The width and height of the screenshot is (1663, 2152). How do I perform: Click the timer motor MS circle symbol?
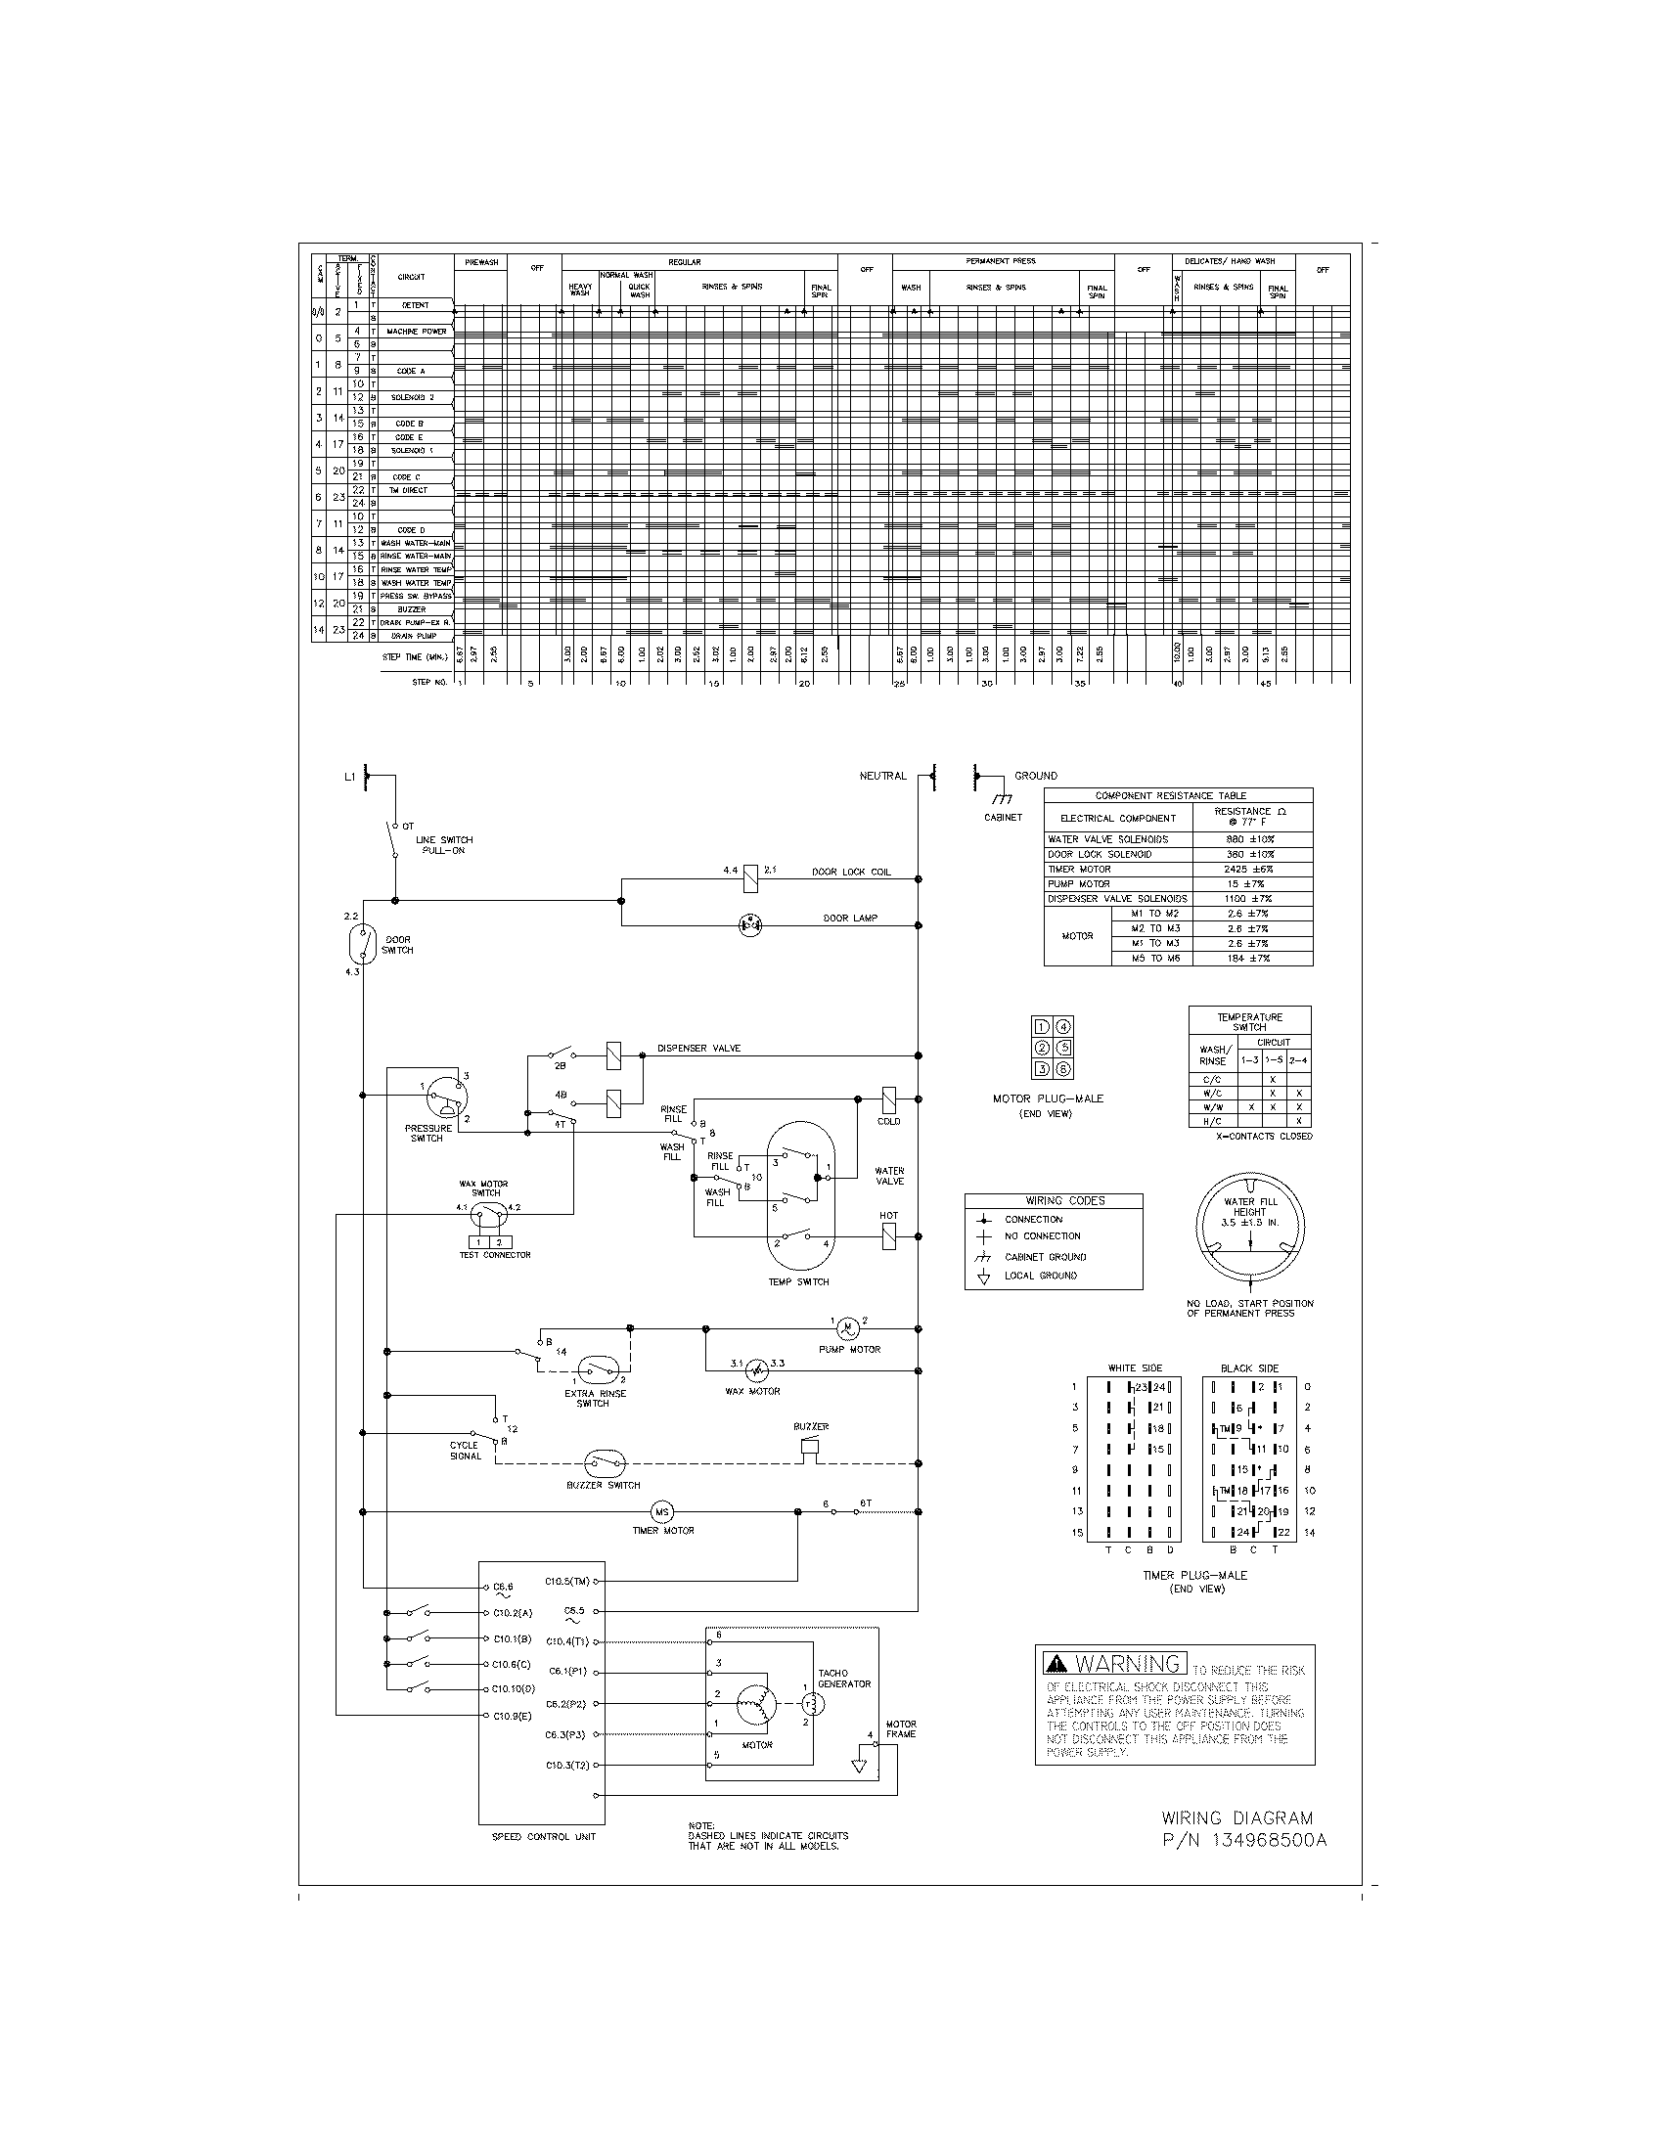(x=662, y=1511)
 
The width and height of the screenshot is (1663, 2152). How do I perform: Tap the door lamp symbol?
(x=750, y=924)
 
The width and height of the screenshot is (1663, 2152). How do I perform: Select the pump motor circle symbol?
(x=847, y=1328)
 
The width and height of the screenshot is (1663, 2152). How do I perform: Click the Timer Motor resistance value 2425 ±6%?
(x=1251, y=869)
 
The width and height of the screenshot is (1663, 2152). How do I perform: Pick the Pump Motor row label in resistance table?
(x=1079, y=884)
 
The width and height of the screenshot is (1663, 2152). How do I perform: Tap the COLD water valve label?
(x=888, y=1121)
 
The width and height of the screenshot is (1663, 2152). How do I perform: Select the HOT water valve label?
(x=888, y=1216)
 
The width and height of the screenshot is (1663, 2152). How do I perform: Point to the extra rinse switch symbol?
(x=599, y=1369)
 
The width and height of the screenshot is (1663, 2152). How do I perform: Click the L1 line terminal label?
(x=349, y=778)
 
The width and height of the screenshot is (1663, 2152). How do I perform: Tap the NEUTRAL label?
(x=882, y=777)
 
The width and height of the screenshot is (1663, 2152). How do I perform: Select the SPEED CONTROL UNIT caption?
(x=544, y=1837)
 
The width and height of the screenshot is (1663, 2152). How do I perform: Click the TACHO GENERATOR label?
(x=844, y=1679)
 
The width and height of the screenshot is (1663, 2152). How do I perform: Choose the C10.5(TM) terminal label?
(x=567, y=1582)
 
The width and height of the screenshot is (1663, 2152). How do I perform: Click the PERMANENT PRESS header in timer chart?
(x=1001, y=261)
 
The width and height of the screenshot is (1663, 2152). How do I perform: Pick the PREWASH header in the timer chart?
(x=480, y=262)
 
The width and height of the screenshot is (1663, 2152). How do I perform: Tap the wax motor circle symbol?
(x=755, y=1370)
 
